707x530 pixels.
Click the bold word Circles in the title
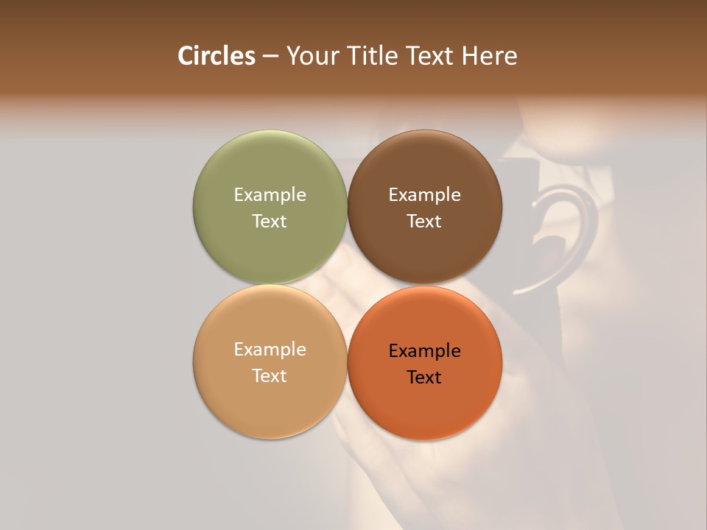coord(217,56)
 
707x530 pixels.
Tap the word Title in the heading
coord(372,56)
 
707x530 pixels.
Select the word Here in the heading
coord(490,56)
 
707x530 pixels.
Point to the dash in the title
coord(270,57)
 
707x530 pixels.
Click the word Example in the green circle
coord(270,194)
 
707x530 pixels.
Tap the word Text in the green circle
coord(270,221)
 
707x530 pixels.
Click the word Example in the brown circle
coord(424,194)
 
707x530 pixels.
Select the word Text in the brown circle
coord(424,221)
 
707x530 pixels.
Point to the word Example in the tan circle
coord(270,349)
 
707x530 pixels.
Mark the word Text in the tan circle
coord(270,375)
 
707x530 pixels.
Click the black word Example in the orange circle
coord(424,350)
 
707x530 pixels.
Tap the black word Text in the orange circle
coord(424,377)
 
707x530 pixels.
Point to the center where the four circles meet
coord(347,284)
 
